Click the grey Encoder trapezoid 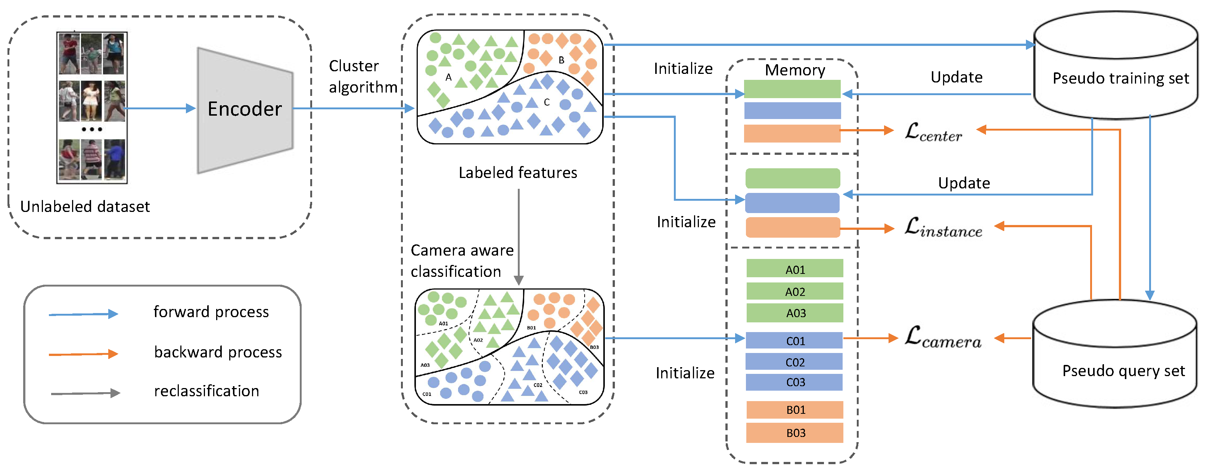[x=245, y=110]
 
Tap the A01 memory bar [x=795, y=269]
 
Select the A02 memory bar [x=795, y=291]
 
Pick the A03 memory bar [x=795, y=313]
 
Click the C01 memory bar [x=795, y=340]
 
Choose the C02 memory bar [x=795, y=362]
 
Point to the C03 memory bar [x=795, y=382]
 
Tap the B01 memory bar [x=795, y=410]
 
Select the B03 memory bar [x=795, y=433]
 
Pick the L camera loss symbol [x=942, y=338]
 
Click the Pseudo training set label [x=1120, y=78]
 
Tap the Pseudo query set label [x=1123, y=371]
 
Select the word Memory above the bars [x=795, y=70]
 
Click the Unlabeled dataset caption [x=85, y=206]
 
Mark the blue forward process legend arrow [x=83, y=314]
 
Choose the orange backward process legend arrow [x=83, y=354]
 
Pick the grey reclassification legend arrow [x=85, y=393]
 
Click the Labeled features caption [x=517, y=173]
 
